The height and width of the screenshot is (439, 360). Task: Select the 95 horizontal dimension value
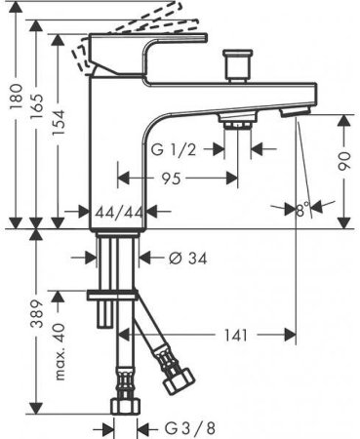(178, 180)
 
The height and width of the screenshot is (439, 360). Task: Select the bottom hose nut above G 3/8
(125, 406)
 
